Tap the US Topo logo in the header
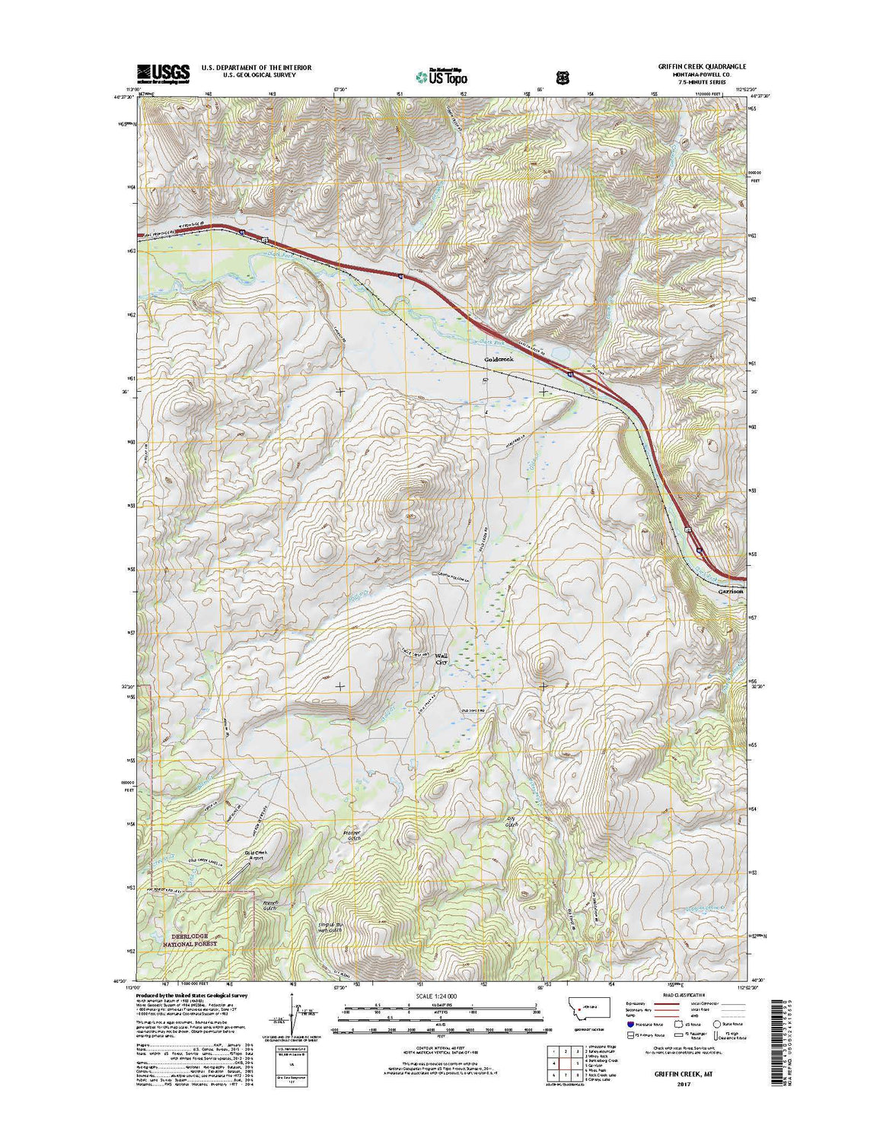click(441, 76)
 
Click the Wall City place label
click(442, 659)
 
